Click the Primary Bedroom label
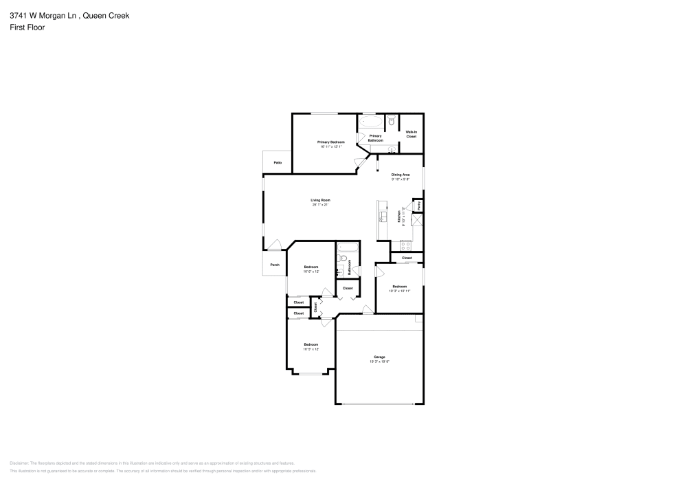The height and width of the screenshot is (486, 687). tap(331, 142)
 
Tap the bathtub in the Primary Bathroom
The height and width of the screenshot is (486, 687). tap(371, 123)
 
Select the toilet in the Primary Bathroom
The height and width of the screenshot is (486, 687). tap(391, 122)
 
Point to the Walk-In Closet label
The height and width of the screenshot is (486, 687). tap(411, 134)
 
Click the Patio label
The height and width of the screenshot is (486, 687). tap(278, 163)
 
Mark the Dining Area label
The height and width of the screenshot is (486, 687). tap(401, 175)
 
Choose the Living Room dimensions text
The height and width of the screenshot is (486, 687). tap(321, 205)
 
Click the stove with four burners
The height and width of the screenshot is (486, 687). tap(405, 245)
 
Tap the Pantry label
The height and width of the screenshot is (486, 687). tap(418, 206)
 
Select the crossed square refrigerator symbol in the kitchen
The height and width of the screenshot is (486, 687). tap(416, 221)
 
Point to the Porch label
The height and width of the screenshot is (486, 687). tap(275, 265)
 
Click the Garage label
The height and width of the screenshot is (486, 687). tap(379, 357)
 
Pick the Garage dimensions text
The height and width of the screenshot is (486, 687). tap(379, 361)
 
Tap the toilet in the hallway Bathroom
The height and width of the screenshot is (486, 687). tap(341, 258)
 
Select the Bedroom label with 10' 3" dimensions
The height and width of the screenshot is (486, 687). tap(400, 286)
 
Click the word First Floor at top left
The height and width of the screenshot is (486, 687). tap(27, 27)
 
